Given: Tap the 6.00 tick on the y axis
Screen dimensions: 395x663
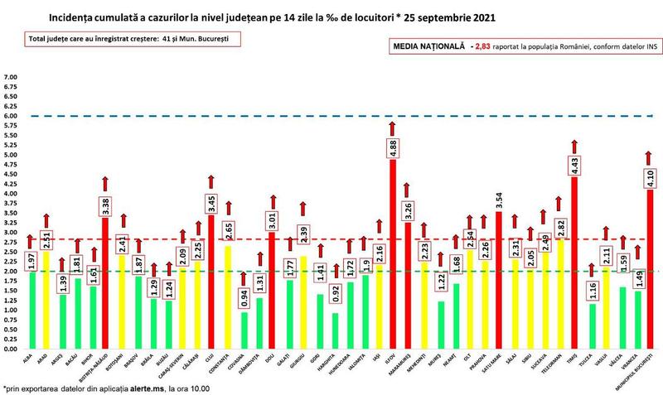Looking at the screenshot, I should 12,117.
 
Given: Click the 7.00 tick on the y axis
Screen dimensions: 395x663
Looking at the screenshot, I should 12,78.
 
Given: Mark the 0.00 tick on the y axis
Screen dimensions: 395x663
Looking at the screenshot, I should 12,349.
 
